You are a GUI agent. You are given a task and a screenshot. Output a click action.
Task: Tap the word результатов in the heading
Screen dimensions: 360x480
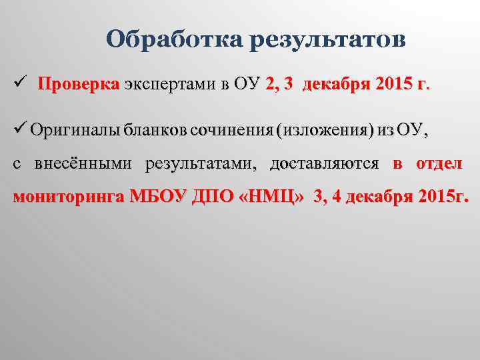pos(327,41)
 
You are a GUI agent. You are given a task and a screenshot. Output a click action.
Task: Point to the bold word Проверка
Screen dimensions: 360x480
pos(79,85)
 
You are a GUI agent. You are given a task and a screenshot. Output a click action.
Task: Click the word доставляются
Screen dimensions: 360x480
pos(324,164)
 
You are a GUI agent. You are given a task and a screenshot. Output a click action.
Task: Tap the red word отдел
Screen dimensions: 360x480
pos(438,164)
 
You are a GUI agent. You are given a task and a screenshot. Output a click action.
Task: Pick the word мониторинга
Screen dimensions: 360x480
pos(69,197)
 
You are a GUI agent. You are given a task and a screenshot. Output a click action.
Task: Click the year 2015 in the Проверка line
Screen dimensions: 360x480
pos(393,85)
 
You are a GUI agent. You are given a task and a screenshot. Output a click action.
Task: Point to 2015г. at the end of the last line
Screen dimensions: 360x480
pos(443,197)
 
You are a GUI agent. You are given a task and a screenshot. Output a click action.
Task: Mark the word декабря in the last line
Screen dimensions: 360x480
pos(375,197)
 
